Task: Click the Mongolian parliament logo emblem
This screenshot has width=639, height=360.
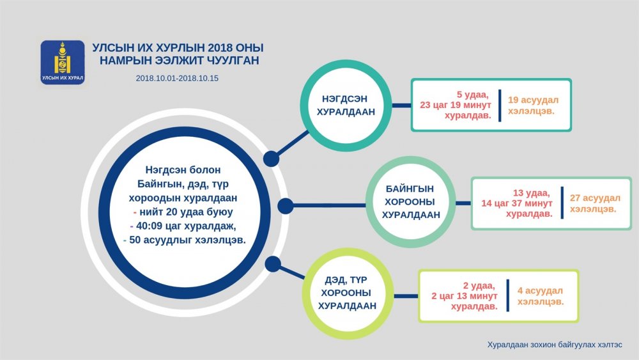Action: click(63, 63)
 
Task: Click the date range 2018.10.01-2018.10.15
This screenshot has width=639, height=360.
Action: click(177, 78)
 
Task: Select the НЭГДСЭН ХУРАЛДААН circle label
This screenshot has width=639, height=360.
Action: click(346, 106)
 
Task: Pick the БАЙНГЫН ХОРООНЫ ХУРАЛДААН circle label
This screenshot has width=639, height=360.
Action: click(410, 202)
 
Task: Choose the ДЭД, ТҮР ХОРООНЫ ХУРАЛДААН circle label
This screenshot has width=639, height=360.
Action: click(347, 293)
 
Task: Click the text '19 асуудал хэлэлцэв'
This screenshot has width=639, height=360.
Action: click(533, 106)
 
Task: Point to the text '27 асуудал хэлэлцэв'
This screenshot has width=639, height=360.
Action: click(595, 203)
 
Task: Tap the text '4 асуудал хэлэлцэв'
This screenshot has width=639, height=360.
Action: click(541, 296)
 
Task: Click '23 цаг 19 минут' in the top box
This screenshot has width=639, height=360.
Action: click(456, 106)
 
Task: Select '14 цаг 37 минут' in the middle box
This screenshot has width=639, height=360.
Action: click(517, 203)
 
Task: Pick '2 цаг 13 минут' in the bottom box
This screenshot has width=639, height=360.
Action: click(465, 295)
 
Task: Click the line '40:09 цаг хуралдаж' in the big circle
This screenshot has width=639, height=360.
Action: click(183, 226)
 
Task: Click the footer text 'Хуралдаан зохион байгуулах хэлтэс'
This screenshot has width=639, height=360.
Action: click(555, 345)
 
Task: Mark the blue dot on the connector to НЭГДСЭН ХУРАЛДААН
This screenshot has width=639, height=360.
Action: click(271, 159)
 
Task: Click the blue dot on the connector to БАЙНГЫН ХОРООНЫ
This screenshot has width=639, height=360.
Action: click(285, 206)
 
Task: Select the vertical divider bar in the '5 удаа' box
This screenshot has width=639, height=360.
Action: click(500, 106)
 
